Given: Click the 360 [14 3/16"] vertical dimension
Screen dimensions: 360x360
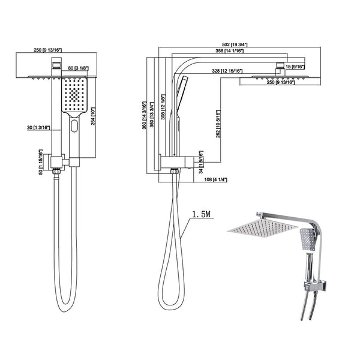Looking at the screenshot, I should (144, 115).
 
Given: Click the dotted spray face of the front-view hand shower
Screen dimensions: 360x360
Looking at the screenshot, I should (74, 95).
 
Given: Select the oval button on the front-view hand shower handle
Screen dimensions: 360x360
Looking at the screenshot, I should (74, 127).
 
